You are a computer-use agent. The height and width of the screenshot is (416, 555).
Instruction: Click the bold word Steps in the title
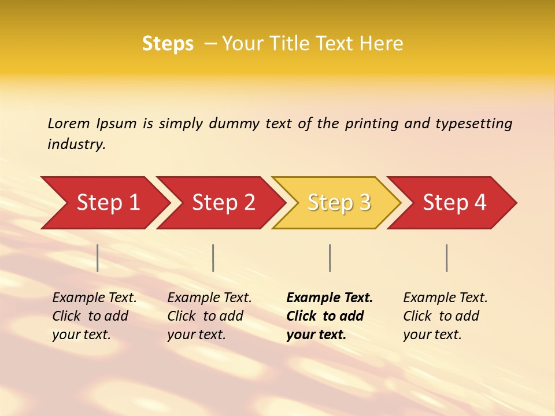coord(168,44)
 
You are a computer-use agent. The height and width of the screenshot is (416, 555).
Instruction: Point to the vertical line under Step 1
coord(98,258)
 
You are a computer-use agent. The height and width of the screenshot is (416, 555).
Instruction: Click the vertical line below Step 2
coord(213,258)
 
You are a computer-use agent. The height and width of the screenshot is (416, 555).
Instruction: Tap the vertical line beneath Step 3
coord(330,258)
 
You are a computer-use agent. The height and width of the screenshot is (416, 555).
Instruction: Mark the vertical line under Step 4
coord(446,258)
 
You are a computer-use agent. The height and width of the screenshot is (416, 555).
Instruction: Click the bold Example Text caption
coord(329,316)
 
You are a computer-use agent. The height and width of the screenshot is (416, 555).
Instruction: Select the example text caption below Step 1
coord(94,316)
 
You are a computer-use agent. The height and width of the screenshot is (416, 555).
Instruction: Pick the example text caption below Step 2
coord(209,316)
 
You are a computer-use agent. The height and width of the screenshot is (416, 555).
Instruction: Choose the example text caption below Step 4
coord(445,316)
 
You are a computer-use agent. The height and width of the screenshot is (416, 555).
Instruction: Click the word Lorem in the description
coord(69,124)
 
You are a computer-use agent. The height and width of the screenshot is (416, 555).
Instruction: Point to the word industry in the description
coord(76,144)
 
